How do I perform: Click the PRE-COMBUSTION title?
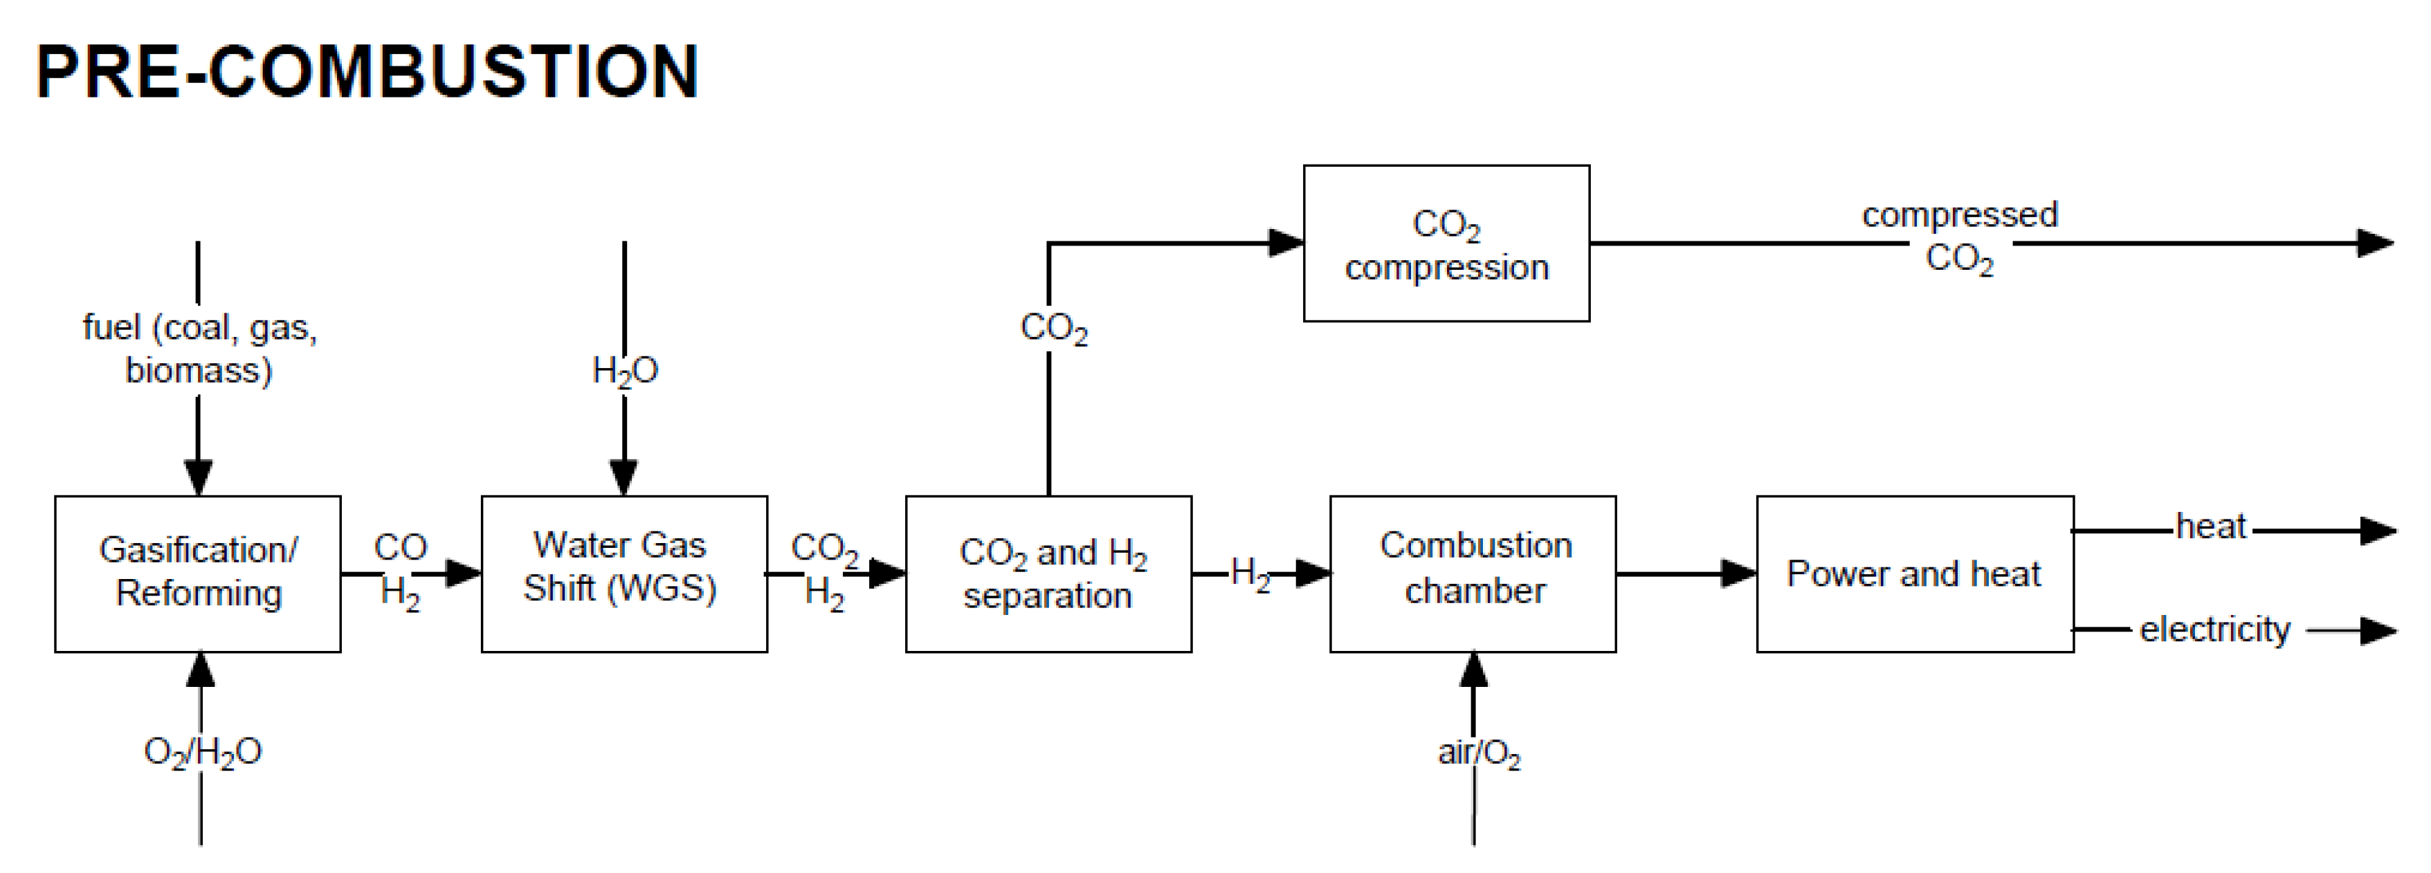pos(366,72)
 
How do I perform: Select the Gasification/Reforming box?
pos(197,573)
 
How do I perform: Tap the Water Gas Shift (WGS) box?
pos(623,573)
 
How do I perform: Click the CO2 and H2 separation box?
pos(1048,573)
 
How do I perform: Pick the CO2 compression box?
pos(1446,243)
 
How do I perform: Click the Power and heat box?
pos(1914,573)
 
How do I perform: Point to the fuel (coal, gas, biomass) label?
pos(199,348)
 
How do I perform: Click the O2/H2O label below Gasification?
pos(202,752)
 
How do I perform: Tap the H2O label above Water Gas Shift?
pos(623,370)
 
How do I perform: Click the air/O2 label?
pos(1478,752)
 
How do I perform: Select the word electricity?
pos(2214,630)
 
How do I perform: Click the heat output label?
pos(2210,526)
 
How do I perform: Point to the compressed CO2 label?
pos(1959,236)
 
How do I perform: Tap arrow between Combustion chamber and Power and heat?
pos(1686,573)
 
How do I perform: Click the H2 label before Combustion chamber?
pos(1250,573)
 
